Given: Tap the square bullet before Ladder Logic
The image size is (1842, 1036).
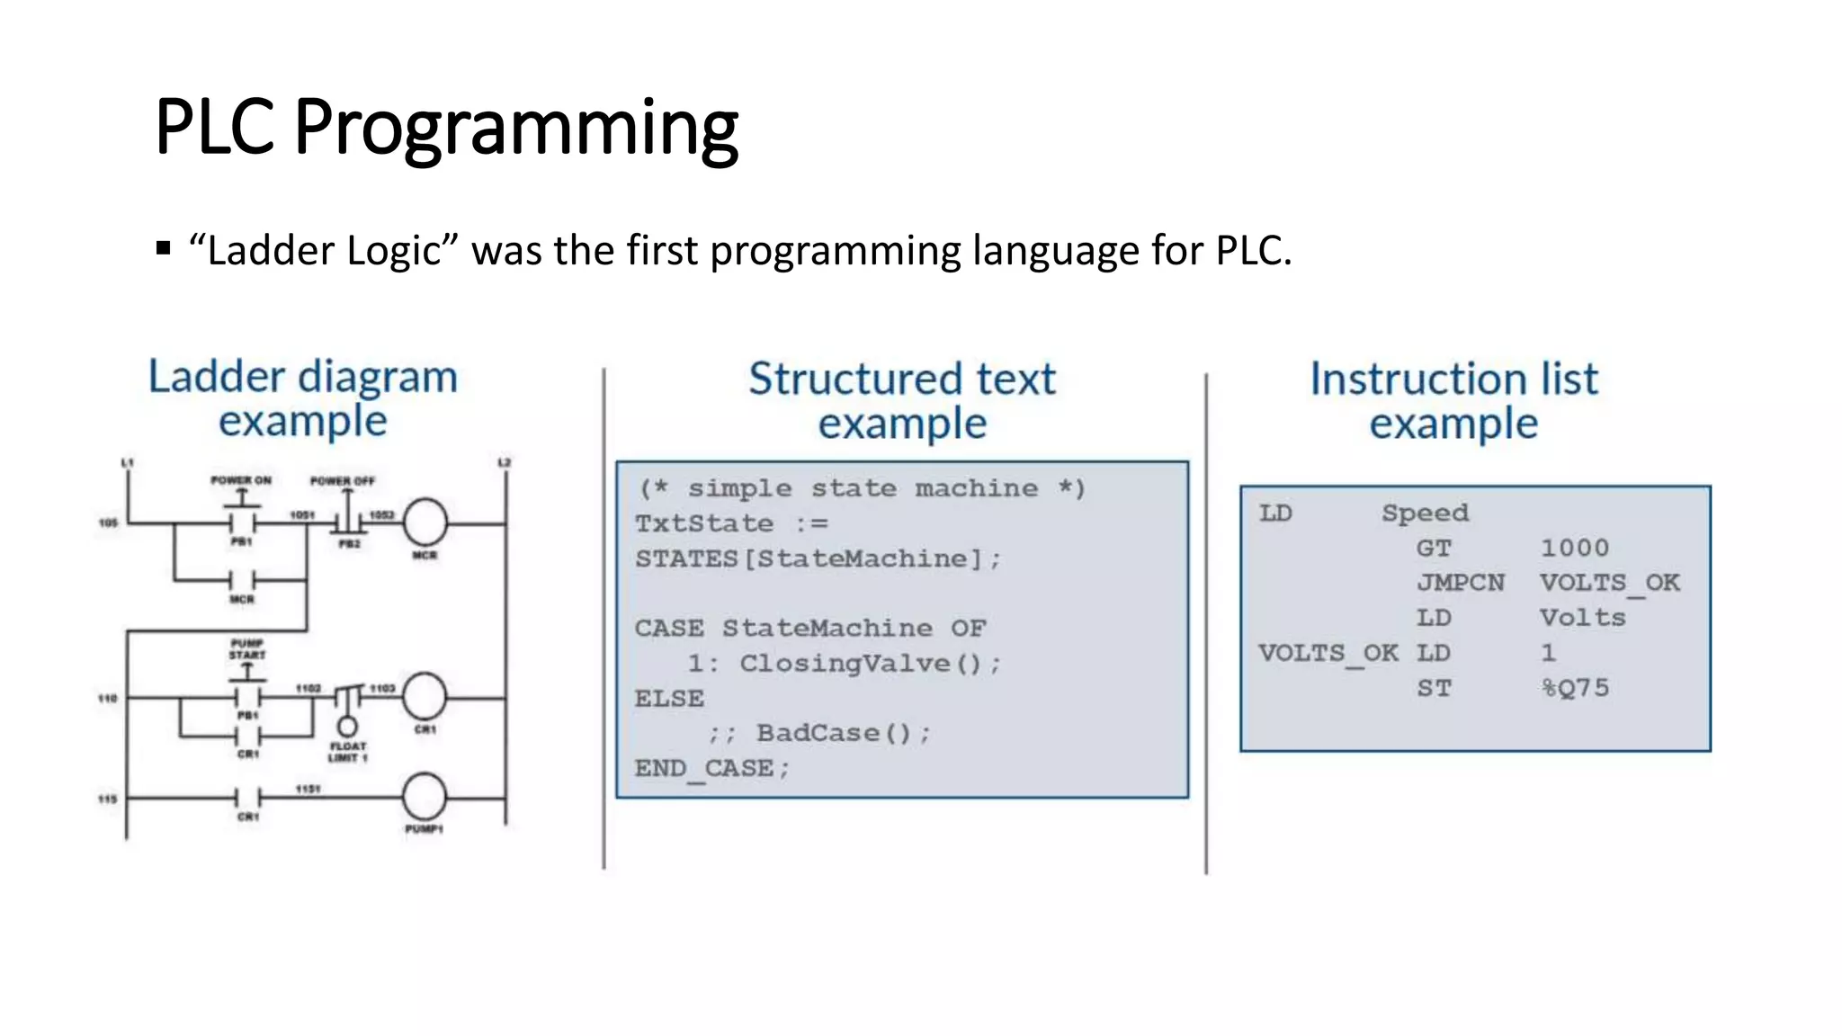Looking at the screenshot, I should click(x=163, y=248).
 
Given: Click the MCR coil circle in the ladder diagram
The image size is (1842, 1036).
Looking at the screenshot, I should click(x=425, y=522).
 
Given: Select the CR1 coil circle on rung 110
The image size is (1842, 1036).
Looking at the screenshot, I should click(x=424, y=696).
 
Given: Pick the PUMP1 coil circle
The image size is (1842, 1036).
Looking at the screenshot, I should click(x=424, y=797).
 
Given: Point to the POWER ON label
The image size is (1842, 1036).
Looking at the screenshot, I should click(x=241, y=480).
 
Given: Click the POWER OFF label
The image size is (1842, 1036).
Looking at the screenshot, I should click(x=342, y=481).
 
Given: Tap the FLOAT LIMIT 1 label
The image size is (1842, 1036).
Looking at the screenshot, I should click(x=348, y=752).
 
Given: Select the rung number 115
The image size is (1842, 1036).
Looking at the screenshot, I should click(x=107, y=799).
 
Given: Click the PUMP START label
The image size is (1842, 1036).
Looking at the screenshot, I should click(x=246, y=648).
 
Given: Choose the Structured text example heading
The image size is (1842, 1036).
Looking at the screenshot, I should click(x=902, y=401).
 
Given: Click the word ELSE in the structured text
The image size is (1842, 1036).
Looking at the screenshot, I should click(x=669, y=699).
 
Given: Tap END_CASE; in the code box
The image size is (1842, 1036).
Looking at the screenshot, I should click(x=711, y=769).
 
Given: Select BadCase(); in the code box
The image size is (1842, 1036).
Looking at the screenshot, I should click(x=843, y=734).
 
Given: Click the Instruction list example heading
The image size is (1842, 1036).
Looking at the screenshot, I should click(x=1453, y=401).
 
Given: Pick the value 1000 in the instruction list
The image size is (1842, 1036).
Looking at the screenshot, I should click(x=1574, y=548).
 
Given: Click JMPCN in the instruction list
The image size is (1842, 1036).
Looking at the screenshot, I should click(x=1460, y=583).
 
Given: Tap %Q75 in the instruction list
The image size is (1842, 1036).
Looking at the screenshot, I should click(x=1574, y=688).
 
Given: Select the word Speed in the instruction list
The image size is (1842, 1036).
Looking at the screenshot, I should click(x=1425, y=513).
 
